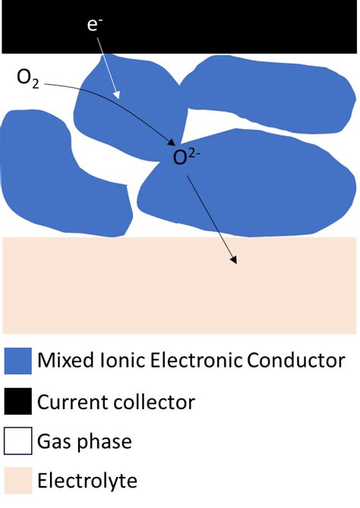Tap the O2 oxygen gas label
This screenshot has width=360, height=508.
coord(29,78)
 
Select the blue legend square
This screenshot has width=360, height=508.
coord(17,359)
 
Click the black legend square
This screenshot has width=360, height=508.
coord(17,400)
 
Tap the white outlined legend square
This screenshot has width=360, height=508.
coord(17,440)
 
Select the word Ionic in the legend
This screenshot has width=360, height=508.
coord(120,360)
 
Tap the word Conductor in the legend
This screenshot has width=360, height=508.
coord(296,360)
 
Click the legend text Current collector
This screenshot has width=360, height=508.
coord(116,401)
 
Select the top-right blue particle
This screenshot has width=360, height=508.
coord(266,87)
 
